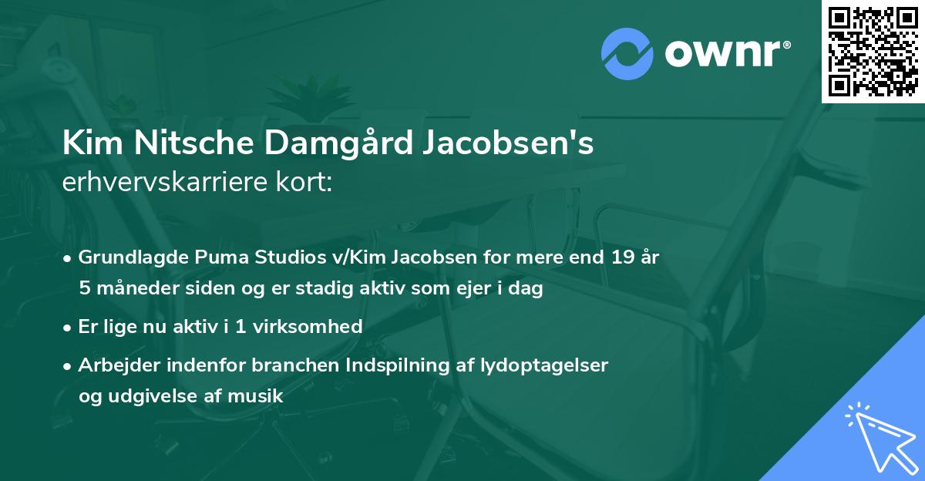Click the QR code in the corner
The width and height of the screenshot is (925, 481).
pyautogui.click(x=873, y=51)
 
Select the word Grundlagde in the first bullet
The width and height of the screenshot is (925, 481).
pyautogui.click(x=126, y=257)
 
